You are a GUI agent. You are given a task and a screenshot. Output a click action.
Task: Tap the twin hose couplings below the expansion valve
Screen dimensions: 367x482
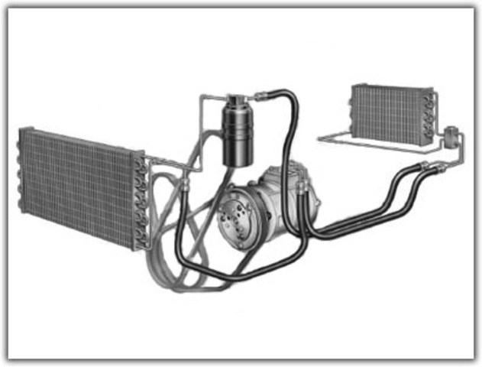429,166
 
